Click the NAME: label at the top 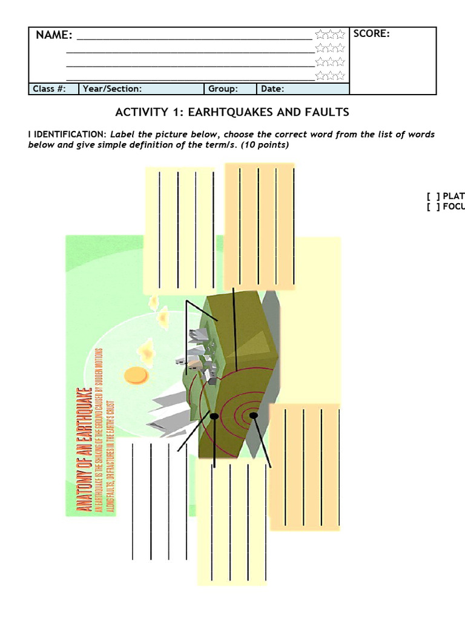coord(54,35)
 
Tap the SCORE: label coord(371,34)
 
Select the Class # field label coord(48,89)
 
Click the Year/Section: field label coord(112,89)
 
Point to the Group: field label coord(223,89)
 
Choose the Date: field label coord(272,89)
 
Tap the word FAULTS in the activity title coord(327,112)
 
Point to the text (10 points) coord(263,145)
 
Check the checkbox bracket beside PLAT coord(433,196)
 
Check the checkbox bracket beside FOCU coord(433,207)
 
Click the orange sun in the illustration coord(137,375)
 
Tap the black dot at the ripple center coord(254,415)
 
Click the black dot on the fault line coord(214,417)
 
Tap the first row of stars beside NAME coord(330,35)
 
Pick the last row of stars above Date coord(330,76)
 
